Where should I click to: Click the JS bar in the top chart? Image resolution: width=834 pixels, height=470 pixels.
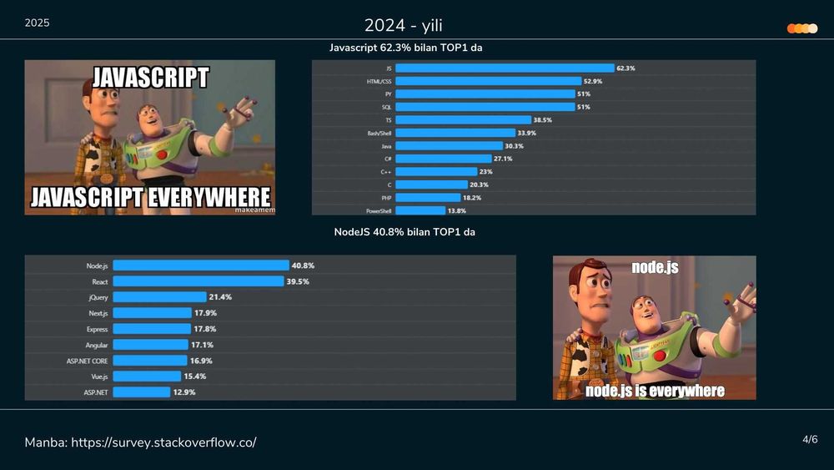[x=504, y=68]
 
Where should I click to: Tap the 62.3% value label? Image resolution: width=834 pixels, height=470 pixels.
[x=625, y=68]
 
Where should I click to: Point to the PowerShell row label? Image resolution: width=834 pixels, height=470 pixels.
[x=379, y=211]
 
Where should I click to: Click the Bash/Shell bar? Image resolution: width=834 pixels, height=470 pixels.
[x=455, y=133]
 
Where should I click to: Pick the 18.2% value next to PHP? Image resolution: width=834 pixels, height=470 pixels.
[x=471, y=198]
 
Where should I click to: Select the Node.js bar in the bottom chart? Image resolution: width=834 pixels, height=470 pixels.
[x=201, y=265]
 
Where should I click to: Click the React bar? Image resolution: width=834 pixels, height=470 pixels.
[x=198, y=281]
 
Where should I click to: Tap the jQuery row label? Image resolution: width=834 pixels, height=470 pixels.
[x=98, y=297]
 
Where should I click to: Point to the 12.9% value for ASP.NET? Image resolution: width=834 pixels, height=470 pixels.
[x=184, y=392]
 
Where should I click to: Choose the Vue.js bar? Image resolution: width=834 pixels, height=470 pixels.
[x=147, y=377]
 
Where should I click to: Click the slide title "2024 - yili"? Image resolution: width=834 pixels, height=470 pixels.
[x=403, y=24]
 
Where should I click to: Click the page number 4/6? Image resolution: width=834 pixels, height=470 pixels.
[x=810, y=439]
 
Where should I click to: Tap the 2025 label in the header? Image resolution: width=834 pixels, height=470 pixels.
[x=37, y=23]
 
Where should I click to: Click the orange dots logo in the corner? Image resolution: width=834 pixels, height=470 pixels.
[x=801, y=28]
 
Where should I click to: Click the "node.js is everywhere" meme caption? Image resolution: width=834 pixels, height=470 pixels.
[x=655, y=391]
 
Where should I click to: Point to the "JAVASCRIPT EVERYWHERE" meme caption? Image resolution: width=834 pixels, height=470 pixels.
[x=150, y=197]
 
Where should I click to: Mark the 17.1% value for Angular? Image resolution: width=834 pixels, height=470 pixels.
[x=203, y=345]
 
